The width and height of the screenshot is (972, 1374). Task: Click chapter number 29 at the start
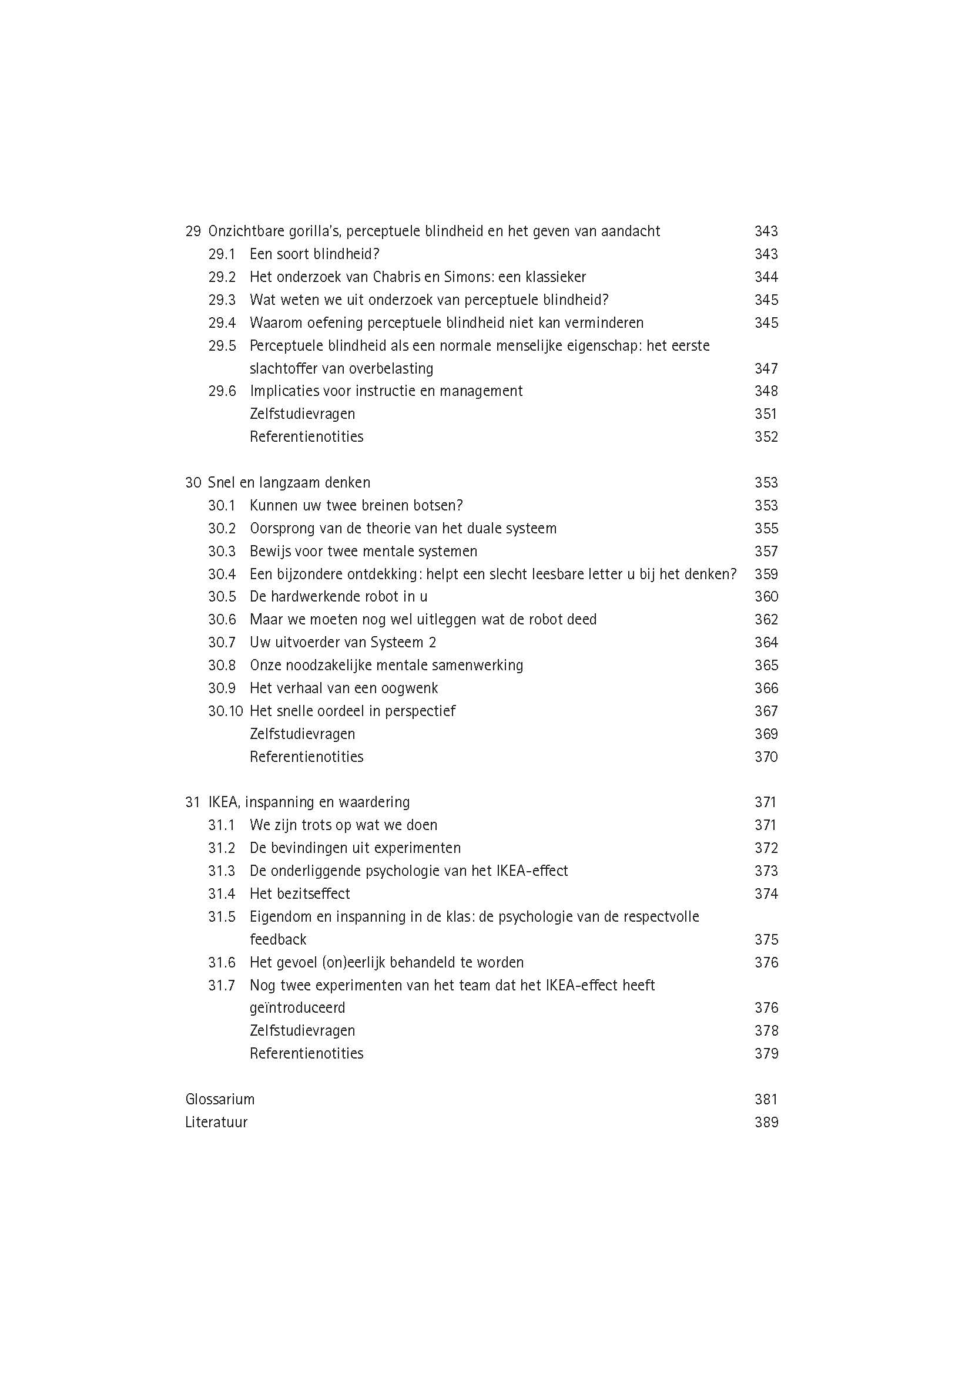[193, 231]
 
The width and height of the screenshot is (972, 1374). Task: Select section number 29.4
[222, 323]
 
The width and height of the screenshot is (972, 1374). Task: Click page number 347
[766, 369]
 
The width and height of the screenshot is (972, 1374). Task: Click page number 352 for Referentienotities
[766, 437]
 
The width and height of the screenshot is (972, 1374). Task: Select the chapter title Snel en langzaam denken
[289, 483]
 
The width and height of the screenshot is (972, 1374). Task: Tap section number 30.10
[226, 711]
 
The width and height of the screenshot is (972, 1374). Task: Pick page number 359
[766, 575]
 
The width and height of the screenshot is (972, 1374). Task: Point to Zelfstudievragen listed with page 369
[302, 734]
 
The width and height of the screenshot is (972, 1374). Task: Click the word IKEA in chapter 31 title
[223, 802]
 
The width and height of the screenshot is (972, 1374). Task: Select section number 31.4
[222, 894]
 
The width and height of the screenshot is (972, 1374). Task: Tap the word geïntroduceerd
[297, 1009]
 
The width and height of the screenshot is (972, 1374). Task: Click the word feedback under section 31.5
[278, 940]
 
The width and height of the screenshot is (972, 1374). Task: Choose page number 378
[766, 1031]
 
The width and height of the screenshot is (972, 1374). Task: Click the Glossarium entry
[220, 1100]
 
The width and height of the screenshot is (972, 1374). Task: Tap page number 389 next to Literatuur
[766, 1123]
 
